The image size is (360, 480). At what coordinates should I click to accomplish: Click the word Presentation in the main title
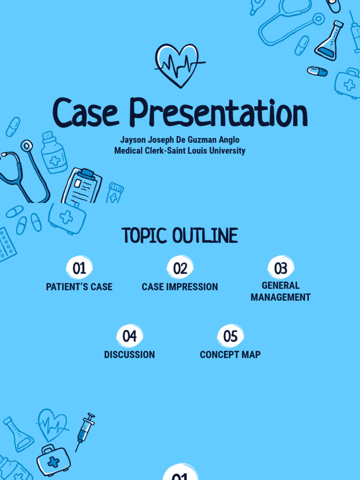[x=218, y=112]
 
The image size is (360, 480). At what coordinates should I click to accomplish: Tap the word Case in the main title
[x=85, y=112]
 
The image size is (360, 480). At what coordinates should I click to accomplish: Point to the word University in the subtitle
[x=227, y=150]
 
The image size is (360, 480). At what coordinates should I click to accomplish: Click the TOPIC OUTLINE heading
[x=180, y=236]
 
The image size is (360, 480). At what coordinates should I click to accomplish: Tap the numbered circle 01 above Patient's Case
[x=79, y=268]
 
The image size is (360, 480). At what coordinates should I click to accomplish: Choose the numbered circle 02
[x=180, y=268]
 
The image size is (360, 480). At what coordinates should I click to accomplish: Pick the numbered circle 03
[x=281, y=268]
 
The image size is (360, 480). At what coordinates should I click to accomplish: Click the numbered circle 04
[x=129, y=336]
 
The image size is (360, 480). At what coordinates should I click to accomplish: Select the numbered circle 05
[x=230, y=336]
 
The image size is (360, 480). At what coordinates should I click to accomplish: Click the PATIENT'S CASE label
[x=79, y=287]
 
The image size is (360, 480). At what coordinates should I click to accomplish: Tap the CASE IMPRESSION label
[x=180, y=287]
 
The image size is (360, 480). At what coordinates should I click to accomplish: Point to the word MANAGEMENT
[x=281, y=297]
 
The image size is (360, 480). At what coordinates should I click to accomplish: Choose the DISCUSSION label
[x=129, y=354]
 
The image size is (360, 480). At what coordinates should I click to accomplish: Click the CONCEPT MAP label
[x=230, y=354]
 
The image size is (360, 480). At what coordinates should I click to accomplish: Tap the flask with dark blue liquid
[x=330, y=41]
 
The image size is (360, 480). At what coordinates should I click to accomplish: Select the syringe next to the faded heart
[x=85, y=432]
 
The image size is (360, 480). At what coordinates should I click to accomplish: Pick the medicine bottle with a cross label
[x=54, y=152]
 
